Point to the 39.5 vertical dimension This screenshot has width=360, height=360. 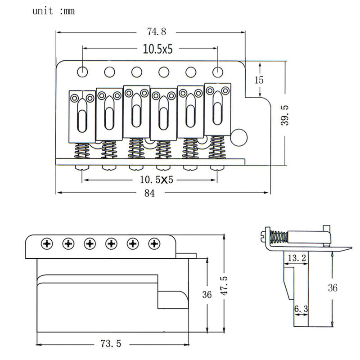coord(283,115)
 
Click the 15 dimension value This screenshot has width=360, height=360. coord(259,80)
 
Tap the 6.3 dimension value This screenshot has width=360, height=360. coord(301,309)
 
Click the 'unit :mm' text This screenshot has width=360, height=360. coord(53,11)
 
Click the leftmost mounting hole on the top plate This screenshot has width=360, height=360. coord(82,71)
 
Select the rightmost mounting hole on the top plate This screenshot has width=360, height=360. coord(218,71)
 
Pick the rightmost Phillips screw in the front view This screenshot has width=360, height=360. coord(155,243)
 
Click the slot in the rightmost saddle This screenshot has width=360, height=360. coord(218,109)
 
